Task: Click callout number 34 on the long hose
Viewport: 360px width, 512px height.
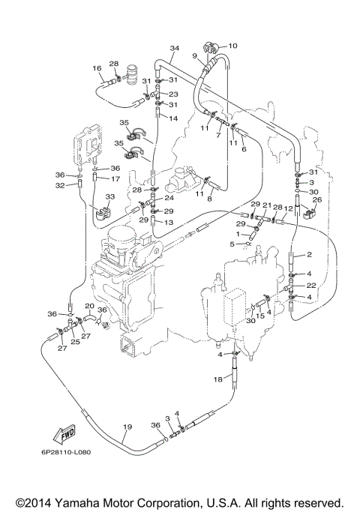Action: pyautogui.click(x=175, y=49)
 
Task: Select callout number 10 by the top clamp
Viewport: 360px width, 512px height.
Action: pyautogui.click(x=232, y=45)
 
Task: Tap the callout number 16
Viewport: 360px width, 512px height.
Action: pyautogui.click(x=97, y=68)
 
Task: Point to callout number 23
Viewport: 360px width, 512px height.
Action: pyautogui.click(x=172, y=94)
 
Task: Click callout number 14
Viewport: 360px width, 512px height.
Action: pyautogui.click(x=172, y=118)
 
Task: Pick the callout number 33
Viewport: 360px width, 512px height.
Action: pyautogui.click(x=109, y=196)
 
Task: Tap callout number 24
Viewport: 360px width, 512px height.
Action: pyautogui.click(x=169, y=199)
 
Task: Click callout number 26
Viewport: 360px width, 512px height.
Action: pyautogui.click(x=316, y=200)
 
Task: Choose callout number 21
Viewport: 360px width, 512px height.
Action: pyautogui.click(x=267, y=205)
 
